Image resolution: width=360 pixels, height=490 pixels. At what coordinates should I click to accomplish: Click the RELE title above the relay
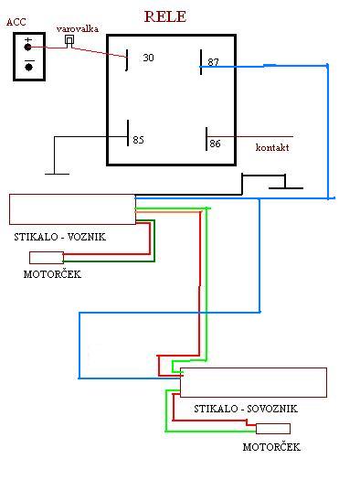click(x=165, y=16)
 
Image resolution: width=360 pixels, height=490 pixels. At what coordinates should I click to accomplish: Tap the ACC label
click(x=16, y=22)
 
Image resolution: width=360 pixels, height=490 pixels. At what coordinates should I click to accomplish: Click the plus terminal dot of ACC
click(x=27, y=48)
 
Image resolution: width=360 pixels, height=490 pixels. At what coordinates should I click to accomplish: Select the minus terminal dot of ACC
click(x=29, y=67)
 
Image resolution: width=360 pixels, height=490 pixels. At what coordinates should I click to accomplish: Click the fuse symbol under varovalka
click(x=69, y=41)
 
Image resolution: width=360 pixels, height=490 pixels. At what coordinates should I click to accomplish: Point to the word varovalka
click(x=78, y=28)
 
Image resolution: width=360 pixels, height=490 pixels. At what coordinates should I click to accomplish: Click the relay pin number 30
click(x=148, y=58)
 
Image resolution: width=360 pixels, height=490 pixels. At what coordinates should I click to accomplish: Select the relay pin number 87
click(x=213, y=62)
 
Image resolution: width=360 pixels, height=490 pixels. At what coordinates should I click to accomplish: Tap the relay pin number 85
click(x=138, y=140)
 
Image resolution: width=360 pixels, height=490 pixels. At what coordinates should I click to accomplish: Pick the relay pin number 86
click(x=215, y=144)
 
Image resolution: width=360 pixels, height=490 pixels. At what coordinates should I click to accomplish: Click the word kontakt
click(x=272, y=147)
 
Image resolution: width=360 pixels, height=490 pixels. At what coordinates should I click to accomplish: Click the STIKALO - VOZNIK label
click(x=60, y=237)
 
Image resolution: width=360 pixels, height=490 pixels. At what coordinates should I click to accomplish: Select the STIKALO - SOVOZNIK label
click(x=246, y=409)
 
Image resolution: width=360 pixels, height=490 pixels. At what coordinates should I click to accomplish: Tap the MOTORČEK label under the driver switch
click(x=52, y=274)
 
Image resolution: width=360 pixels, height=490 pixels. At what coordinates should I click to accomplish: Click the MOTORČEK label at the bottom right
click(x=271, y=447)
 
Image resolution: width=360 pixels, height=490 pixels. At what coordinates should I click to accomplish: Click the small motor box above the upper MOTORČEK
click(x=47, y=258)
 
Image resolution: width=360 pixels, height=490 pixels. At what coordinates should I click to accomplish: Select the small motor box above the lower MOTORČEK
click(x=273, y=429)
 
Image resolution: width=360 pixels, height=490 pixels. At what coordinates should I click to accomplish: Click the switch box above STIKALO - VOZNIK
click(x=72, y=209)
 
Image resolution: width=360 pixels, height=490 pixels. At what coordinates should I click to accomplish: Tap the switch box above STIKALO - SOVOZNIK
click(x=253, y=382)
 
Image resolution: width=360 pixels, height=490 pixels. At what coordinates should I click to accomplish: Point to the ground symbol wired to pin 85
click(x=58, y=174)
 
